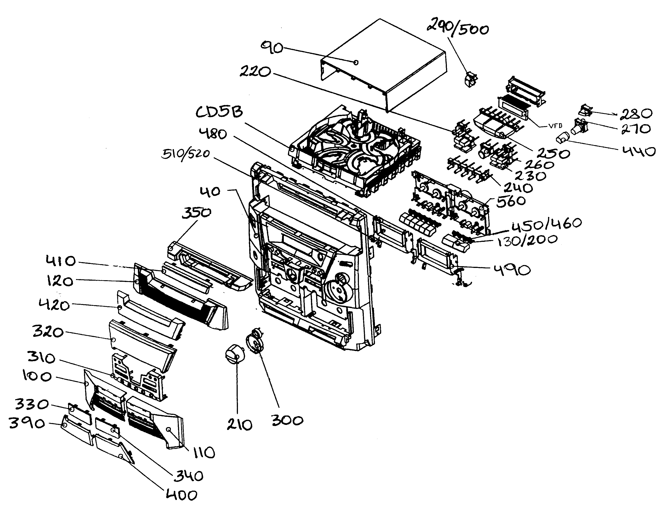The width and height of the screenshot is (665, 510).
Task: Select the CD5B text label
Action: pos(219,112)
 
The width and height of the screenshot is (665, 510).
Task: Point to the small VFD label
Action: pos(556,126)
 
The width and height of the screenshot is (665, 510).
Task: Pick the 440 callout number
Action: pos(639,151)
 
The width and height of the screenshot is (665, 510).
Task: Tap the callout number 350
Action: pos(196,213)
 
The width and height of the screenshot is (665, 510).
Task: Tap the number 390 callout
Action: pos(27,423)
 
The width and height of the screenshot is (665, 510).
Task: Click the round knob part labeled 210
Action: pos(235,354)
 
